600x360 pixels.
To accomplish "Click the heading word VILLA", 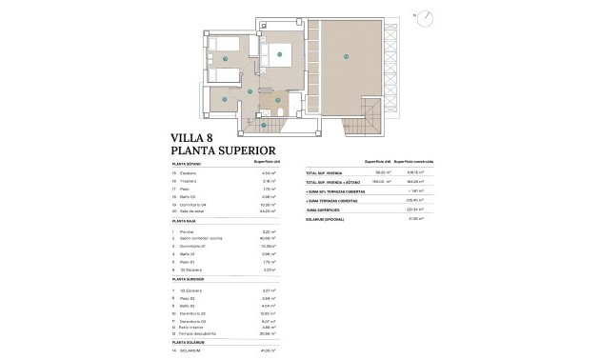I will click(190, 136).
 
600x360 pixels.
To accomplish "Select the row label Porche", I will click(189, 258).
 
